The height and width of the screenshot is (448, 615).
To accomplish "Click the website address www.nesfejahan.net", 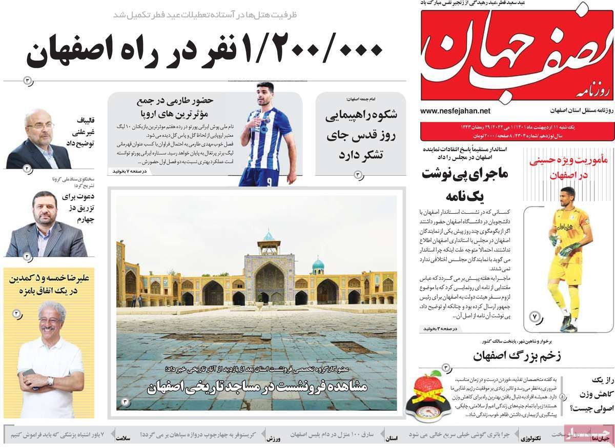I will pos(455,111).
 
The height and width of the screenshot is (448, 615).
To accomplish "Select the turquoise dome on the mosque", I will pos(318,264).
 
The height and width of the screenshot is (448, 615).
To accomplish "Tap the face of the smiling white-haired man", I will pos(51,321).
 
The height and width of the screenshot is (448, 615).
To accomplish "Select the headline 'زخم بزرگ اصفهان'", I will pos(516,355).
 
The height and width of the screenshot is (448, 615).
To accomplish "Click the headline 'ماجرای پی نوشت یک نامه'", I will pos(465,184).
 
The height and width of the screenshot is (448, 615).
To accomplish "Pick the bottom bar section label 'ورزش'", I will pos(272,439).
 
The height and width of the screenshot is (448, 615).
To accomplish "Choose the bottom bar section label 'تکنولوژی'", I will pos(530,439).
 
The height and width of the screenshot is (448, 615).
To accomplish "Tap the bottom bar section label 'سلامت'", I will pos(123,439).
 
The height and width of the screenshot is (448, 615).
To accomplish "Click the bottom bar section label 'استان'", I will pos(392,439).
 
